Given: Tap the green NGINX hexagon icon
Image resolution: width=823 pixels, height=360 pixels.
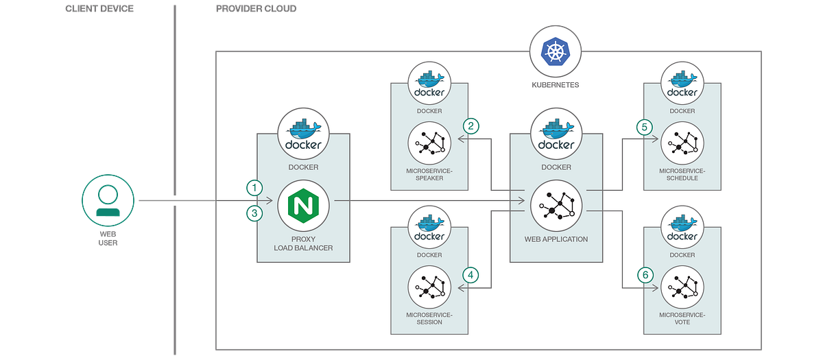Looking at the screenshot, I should click(x=302, y=204).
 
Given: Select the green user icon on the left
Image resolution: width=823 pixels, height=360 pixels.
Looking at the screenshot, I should click(x=106, y=202).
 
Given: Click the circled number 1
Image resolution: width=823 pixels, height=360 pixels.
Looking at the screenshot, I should click(x=254, y=187).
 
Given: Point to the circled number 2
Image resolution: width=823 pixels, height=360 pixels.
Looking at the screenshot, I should click(x=470, y=125).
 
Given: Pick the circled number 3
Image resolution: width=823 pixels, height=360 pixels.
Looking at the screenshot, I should click(x=254, y=213).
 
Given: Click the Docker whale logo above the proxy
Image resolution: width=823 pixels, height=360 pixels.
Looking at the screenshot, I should click(x=302, y=135).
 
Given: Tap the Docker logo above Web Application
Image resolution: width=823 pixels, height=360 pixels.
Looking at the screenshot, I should click(x=556, y=135).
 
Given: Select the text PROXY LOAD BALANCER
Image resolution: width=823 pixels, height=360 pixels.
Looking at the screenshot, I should click(x=302, y=243).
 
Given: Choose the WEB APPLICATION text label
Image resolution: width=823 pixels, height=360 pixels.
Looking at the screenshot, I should click(x=556, y=239).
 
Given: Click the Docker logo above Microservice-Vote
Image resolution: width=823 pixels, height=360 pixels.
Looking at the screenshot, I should click(x=682, y=231).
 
